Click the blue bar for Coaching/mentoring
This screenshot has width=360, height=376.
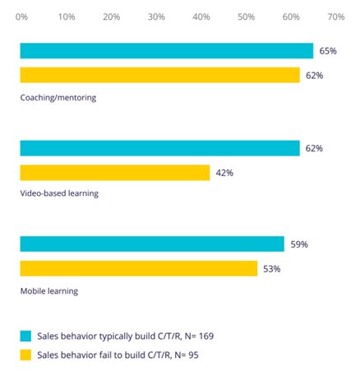[x=167, y=51]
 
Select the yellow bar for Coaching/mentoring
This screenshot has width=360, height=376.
[x=160, y=75]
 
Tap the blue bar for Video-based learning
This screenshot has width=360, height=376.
[x=160, y=149]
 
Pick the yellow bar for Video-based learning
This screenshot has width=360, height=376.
[x=115, y=173]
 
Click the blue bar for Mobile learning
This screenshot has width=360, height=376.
[x=152, y=244]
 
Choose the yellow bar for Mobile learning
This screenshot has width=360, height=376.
[x=139, y=268]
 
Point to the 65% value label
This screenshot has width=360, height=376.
[x=328, y=51]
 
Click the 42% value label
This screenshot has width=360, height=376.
[x=225, y=173]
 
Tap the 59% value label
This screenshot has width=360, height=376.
[x=299, y=244]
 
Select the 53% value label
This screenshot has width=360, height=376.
[x=272, y=268]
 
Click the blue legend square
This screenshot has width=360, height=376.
[x=26, y=336]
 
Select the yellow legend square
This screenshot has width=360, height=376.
[x=26, y=355]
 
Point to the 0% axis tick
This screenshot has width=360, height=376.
[x=21, y=16]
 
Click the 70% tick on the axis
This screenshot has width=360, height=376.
[x=335, y=16]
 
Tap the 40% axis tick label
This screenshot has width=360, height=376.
[x=201, y=16]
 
